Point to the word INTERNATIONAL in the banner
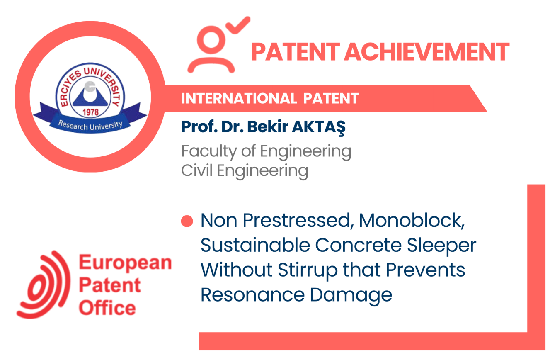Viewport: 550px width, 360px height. [239, 99]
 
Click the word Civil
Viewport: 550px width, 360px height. [197, 170]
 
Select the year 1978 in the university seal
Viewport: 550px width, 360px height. [90, 112]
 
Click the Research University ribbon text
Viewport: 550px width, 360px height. [90, 126]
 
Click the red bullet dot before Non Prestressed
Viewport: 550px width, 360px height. [187, 221]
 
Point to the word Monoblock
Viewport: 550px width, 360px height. [412, 220]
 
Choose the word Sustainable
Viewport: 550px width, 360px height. [255, 245]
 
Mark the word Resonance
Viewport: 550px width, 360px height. [253, 294]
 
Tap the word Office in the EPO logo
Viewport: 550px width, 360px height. [107, 307]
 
